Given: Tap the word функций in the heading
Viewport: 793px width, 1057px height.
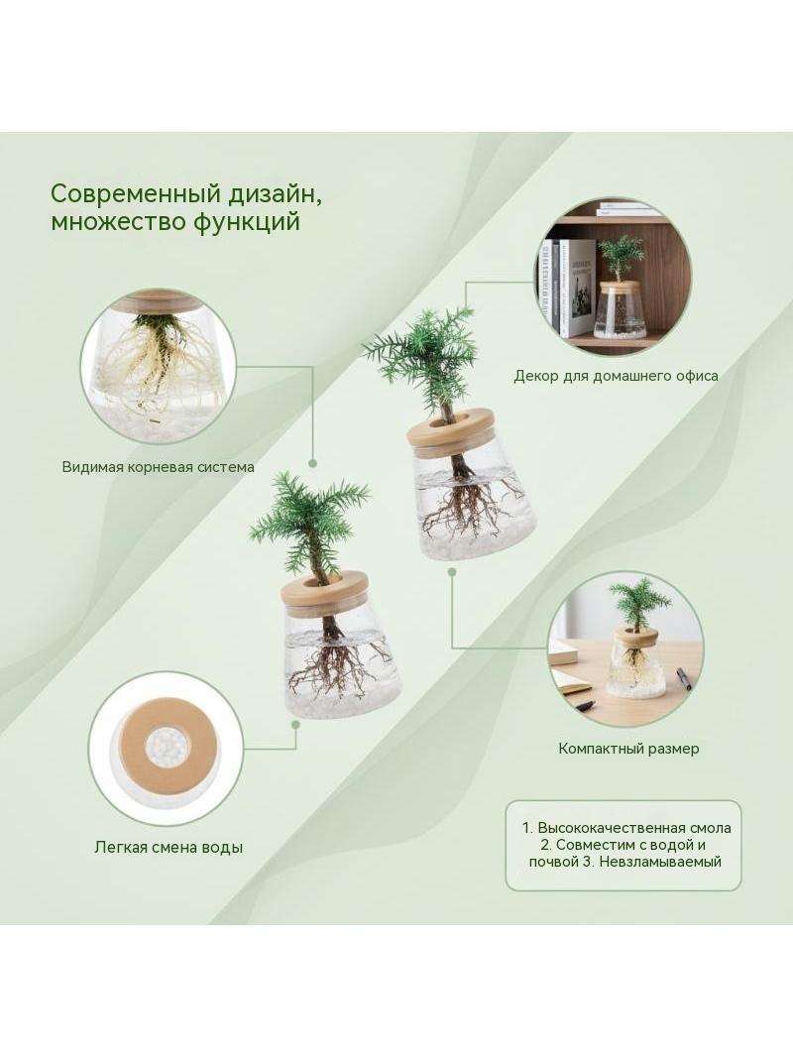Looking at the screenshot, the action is (248, 221).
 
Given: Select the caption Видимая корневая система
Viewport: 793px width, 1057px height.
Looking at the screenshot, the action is (159, 466).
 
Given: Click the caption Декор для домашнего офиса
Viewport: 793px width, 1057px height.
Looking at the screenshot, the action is (616, 376).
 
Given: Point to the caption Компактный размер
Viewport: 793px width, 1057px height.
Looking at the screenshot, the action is (628, 749).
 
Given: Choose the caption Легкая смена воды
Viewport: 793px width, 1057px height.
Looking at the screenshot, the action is (169, 848).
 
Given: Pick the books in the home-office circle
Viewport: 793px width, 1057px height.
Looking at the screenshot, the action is (566, 287).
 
